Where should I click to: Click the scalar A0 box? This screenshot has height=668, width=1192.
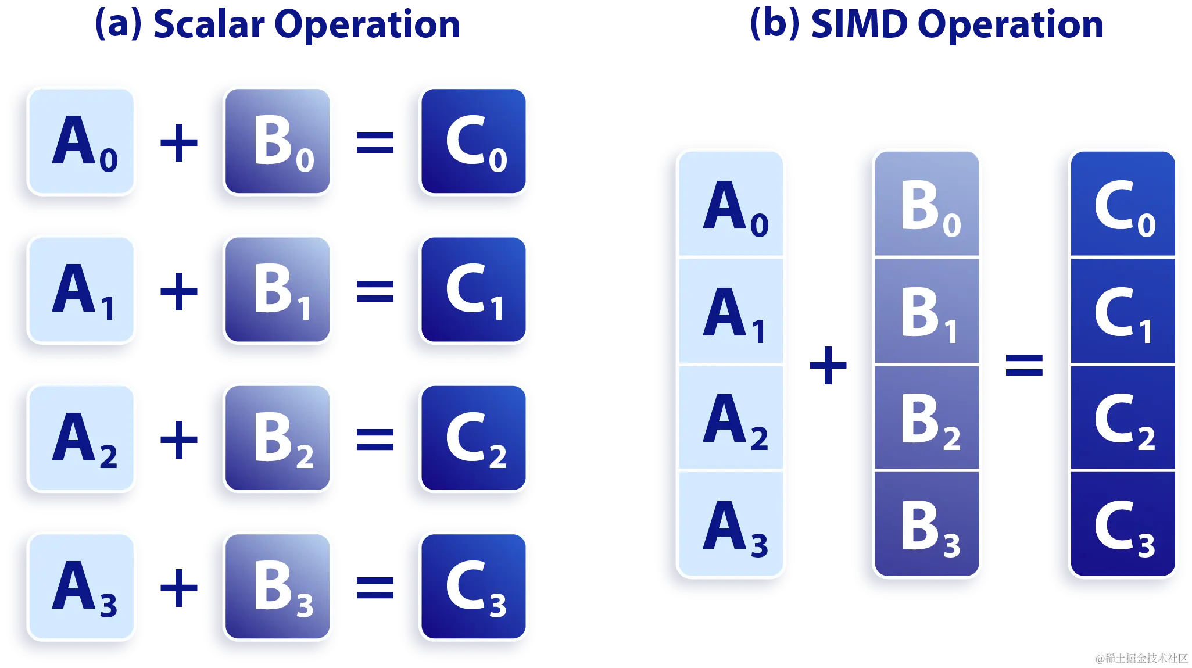[82, 141]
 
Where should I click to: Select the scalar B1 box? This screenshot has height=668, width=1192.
[278, 289]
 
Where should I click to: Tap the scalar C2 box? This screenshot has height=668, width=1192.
[474, 437]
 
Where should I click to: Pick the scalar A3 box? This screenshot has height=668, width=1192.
[82, 586]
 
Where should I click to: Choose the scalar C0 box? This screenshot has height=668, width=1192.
[474, 141]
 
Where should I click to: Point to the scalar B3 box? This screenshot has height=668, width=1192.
[278, 586]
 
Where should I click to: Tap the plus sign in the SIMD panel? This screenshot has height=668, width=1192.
[829, 365]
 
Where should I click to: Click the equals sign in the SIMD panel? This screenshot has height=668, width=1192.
[1025, 366]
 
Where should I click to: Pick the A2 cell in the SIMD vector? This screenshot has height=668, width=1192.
[731, 417]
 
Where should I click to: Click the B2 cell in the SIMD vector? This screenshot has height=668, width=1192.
[927, 417]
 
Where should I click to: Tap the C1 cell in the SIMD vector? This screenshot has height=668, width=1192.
[1123, 312]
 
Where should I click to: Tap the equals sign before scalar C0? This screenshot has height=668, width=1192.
[375, 142]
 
